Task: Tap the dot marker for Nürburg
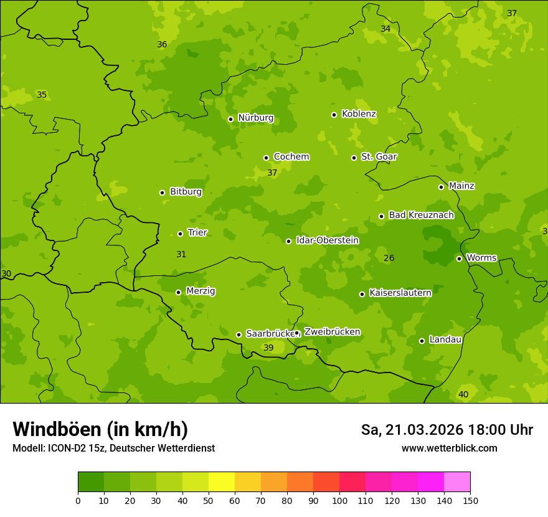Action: tap(230, 119)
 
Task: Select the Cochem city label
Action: tap(291, 157)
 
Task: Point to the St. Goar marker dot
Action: tap(354, 158)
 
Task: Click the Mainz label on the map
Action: tap(461, 186)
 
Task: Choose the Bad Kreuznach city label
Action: tap(421, 215)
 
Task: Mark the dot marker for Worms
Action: tap(459, 258)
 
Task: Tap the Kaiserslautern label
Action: tap(400, 293)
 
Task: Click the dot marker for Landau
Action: tap(422, 341)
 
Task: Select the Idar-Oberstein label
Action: tap(327, 240)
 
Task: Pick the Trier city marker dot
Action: tap(180, 234)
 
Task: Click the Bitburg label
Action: tap(186, 192)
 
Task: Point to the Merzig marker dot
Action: tap(178, 292)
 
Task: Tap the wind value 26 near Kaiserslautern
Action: tap(389, 258)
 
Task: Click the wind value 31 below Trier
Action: tap(181, 255)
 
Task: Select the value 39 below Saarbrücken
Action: tap(268, 348)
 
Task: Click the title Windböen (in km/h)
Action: tap(100, 429)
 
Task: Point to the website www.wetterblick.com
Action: tap(449, 448)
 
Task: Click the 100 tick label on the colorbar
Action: tap(340, 500)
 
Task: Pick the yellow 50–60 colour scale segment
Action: tap(222, 482)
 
